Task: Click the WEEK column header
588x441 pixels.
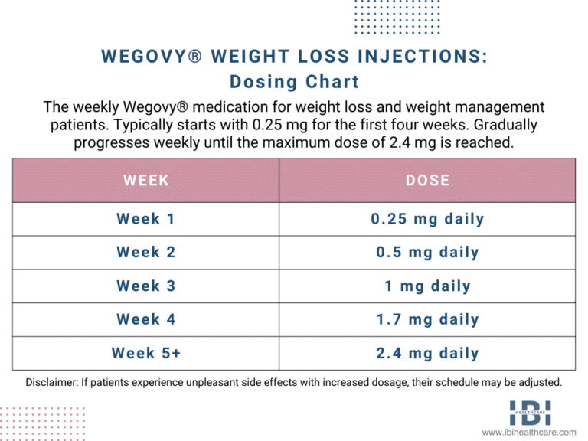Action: click(x=145, y=181)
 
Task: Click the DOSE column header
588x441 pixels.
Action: click(x=428, y=181)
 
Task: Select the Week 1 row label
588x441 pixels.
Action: click(x=145, y=219)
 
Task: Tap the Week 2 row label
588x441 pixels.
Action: click(x=145, y=253)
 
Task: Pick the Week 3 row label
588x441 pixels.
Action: click(x=145, y=286)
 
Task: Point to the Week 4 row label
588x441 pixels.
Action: click(x=145, y=320)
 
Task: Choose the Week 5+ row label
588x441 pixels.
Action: click(x=145, y=354)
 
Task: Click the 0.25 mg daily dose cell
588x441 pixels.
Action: click(x=428, y=219)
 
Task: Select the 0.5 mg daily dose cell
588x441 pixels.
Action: click(x=428, y=253)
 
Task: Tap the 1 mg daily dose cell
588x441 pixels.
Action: click(x=428, y=286)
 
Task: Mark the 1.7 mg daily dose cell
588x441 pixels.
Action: click(x=428, y=320)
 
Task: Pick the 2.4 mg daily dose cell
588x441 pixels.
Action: click(x=428, y=354)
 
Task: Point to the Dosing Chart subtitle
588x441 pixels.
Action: click(x=294, y=81)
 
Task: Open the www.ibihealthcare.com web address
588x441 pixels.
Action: click(x=528, y=433)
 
